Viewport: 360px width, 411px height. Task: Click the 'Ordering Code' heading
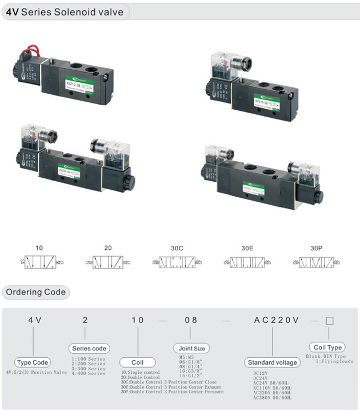coord(35,292)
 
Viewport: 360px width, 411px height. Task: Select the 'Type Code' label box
coord(33,362)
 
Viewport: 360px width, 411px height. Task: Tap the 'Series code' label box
coord(89,348)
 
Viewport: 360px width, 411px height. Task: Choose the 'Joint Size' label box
coord(191,348)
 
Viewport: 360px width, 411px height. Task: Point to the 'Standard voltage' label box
coord(272,362)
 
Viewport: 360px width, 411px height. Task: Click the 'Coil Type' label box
coord(328,347)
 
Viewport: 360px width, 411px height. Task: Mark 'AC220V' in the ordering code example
coord(276,320)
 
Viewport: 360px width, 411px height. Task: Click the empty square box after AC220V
coord(329,320)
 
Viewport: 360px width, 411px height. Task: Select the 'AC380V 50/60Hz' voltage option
coord(272,398)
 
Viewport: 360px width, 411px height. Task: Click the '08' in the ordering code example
coord(191,320)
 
